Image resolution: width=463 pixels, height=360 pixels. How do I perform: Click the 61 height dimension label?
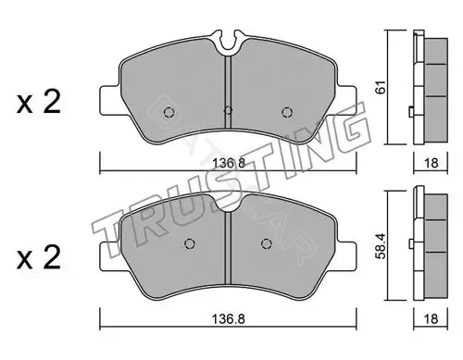tap(382, 87)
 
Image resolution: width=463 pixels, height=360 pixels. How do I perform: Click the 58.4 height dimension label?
tap(382, 246)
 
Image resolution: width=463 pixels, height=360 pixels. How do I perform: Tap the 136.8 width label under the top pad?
tap(229, 163)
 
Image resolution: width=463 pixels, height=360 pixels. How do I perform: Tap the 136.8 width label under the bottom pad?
tap(229, 319)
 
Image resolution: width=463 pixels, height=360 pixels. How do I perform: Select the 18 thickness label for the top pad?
tap(431, 163)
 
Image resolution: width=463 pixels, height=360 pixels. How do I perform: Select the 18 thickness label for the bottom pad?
tap(431, 318)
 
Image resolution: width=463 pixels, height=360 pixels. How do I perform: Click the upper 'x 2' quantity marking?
tap(39, 102)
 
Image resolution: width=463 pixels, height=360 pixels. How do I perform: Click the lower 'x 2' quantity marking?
tap(39, 257)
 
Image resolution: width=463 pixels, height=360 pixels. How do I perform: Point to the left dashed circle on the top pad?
tap(169, 112)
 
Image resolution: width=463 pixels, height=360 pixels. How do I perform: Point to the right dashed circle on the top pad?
tap(287, 112)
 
